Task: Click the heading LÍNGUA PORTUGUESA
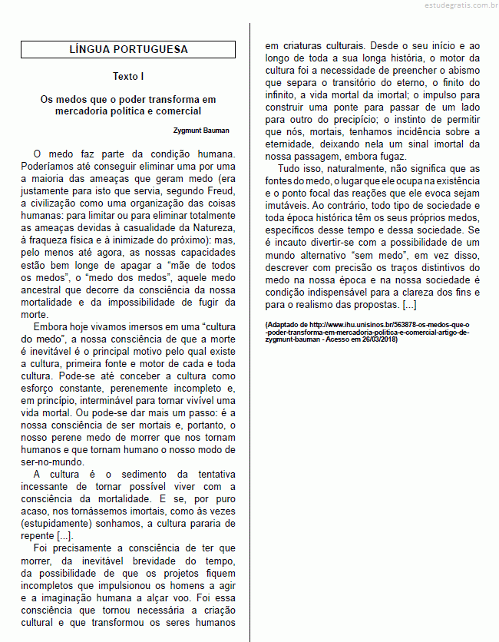click(128, 50)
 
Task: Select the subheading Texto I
click(128, 77)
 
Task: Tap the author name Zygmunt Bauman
click(201, 131)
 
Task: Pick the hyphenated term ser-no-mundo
click(52, 462)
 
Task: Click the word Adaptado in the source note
click(285, 325)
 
